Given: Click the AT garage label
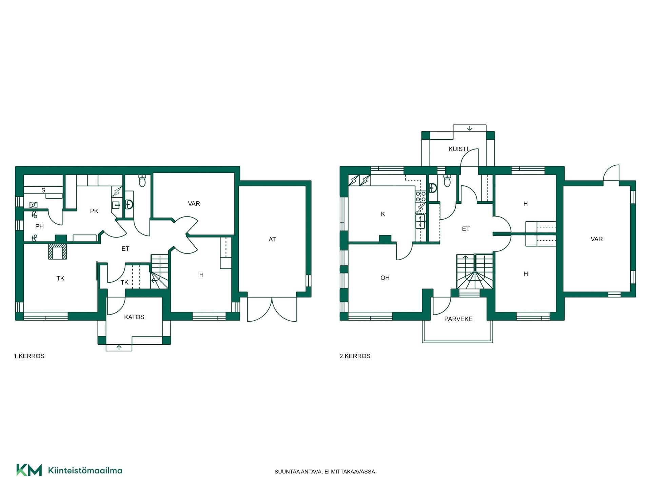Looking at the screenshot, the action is point(272,239).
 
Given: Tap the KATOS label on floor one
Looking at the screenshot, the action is point(134,317).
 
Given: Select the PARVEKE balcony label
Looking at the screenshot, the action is point(458,319).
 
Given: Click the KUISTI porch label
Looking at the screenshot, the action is point(458,149).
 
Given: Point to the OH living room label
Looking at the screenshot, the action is point(385,278).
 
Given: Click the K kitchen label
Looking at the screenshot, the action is point(383,214).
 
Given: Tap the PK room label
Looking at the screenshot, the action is point(94,211).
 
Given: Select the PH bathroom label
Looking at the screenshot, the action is point(39,226).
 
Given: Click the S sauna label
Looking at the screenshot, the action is point(43,190).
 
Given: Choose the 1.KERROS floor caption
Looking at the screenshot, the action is point(29,356).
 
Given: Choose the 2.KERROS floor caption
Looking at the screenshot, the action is point(355,356).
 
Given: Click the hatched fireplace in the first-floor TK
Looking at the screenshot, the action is point(58,252).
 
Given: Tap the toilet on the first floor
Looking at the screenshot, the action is point(142,181).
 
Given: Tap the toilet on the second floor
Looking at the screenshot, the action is point(447,181).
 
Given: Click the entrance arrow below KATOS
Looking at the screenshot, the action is point(119,347).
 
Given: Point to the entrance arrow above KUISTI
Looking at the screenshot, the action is point(470,128).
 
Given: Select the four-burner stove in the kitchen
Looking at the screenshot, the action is point(421,197).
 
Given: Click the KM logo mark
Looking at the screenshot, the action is point(29,470).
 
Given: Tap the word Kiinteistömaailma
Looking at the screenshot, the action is point(85,470).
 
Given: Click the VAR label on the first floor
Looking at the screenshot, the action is point(194,204).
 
